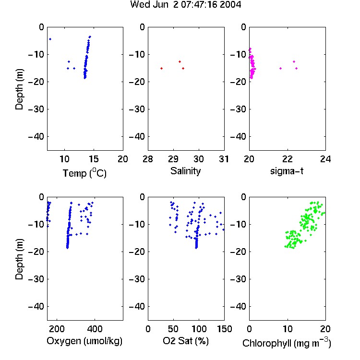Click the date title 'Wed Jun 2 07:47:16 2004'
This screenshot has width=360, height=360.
tap(185, 5)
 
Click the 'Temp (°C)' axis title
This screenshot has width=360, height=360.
tap(84, 173)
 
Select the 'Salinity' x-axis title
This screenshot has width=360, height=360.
tap(185, 171)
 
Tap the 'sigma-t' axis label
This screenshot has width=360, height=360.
tap(287, 171)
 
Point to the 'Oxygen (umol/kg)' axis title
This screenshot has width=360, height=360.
tap(84, 341)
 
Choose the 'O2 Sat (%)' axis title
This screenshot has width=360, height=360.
tap(186, 341)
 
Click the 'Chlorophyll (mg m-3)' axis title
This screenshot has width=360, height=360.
tap(287, 342)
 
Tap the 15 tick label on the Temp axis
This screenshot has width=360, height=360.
tap(94, 159)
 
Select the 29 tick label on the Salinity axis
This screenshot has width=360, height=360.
tap(173, 159)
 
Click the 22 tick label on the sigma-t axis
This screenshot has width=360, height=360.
tap(287, 159)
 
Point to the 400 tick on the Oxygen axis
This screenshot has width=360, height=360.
tap(95, 329)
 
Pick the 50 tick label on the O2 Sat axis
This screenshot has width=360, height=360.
tap(173, 329)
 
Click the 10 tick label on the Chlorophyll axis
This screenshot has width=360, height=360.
tap(287, 329)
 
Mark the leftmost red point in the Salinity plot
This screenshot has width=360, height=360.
tap(162, 69)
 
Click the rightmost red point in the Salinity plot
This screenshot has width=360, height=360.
tap(183, 69)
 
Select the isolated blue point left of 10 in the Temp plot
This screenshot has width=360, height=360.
tap(50, 39)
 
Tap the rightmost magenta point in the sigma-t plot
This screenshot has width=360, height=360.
tap(297, 69)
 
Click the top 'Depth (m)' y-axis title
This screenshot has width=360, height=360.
tap(19, 89)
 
